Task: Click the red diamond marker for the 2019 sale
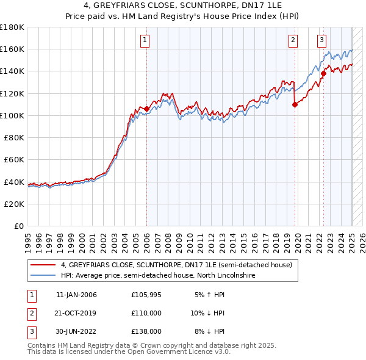point(295,104)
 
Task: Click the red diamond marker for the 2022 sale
point(323,74)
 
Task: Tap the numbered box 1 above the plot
point(145,40)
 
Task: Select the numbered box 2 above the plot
point(293,40)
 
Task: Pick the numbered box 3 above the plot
point(321,40)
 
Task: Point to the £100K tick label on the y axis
point(12,115)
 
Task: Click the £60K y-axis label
point(15,159)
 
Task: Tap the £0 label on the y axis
point(20,226)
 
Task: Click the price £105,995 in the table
point(145,295)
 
